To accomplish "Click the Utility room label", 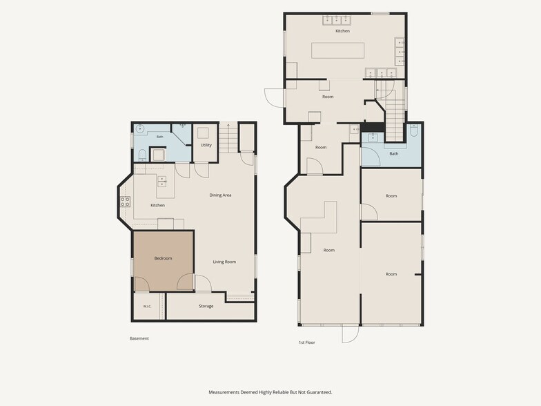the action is point(206,145).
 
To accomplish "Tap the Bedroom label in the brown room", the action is point(163,258).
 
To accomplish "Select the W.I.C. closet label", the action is point(147,307).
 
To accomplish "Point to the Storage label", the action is point(206,307).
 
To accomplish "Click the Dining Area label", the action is point(220,195).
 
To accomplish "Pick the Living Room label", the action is point(224,262).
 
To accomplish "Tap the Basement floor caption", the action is point(139,338).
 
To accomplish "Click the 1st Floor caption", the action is point(306,342).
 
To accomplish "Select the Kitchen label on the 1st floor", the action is point(342,31).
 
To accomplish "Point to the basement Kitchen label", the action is point(157,206).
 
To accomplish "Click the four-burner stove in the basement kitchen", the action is point(125,202).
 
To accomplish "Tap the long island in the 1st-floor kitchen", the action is point(338,50).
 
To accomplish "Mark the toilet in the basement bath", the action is point(142,155).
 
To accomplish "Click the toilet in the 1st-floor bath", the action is point(414,130).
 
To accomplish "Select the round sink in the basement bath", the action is point(140,128).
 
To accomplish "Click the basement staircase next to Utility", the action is point(228,137).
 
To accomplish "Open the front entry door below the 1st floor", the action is point(351,334).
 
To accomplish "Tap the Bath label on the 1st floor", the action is point(393,153).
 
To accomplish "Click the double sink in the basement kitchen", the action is point(161,181).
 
